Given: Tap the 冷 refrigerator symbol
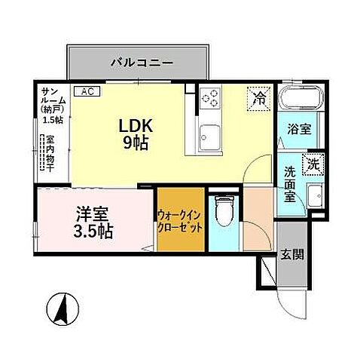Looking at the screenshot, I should click(x=258, y=97).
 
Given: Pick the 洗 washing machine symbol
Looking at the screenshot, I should click(x=311, y=163).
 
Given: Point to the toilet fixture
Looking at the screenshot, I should click(x=223, y=210).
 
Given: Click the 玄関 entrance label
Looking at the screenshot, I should click(x=293, y=254).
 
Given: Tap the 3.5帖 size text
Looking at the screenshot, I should click(x=93, y=231).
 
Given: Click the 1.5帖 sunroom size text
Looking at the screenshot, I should click(x=53, y=120).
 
